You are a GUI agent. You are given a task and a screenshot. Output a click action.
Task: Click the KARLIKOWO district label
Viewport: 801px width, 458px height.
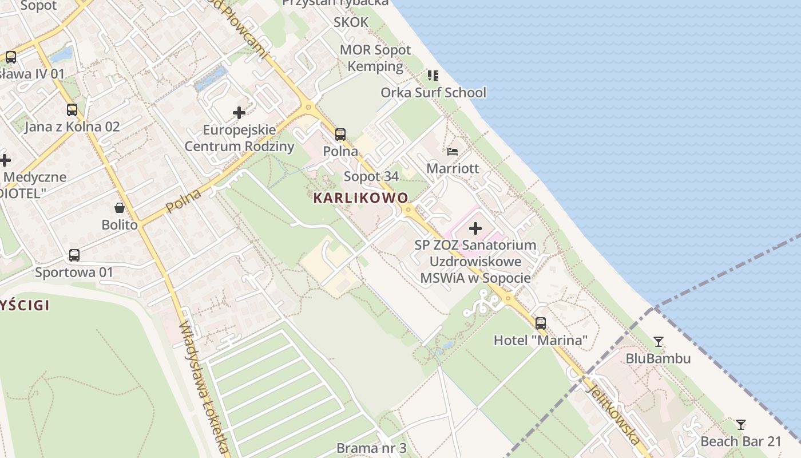pyautogui.click(x=361, y=198)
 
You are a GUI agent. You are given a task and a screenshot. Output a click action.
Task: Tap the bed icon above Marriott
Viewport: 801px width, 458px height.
pyautogui.click(x=453, y=152)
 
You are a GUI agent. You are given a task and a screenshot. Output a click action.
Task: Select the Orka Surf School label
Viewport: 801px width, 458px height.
pyautogui.click(x=433, y=93)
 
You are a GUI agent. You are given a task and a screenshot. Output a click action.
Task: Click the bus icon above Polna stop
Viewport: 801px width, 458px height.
pyautogui.click(x=340, y=135)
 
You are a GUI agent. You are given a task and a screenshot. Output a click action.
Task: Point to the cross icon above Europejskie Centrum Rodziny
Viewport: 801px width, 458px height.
pyautogui.click(x=239, y=113)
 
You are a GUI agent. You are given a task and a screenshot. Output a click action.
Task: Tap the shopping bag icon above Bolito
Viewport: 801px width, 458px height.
pyautogui.click(x=120, y=207)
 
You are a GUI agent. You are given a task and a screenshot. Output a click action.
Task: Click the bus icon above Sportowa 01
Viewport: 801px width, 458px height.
pyautogui.click(x=74, y=255)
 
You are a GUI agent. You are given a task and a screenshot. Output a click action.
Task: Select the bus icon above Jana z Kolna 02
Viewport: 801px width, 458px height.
pyautogui.click(x=72, y=110)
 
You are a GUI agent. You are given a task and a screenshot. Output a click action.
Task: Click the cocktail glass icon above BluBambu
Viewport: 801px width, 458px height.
pyautogui.click(x=659, y=342)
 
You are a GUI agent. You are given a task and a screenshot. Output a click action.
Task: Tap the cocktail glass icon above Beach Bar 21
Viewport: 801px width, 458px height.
pyautogui.click(x=741, y=425)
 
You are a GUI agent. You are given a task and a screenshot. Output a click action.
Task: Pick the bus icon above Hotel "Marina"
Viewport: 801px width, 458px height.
pyautogui.click(x=541, y=323)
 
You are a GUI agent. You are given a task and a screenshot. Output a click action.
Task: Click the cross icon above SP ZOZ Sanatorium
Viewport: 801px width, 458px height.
pyautogui.click(x=475, y=229)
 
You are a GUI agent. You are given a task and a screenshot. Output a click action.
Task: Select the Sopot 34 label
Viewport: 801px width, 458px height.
pyautogui.click(x=371, y=176)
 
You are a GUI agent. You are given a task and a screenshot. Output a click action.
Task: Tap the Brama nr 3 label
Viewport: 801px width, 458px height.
pyautogui.click(x=371, y=448)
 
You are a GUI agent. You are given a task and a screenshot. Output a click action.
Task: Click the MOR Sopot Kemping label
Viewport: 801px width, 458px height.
pyautogui.click(x=375, y=58)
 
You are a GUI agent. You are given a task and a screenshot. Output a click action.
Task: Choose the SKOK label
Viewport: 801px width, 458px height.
pyautogui.click(x=351, y=22)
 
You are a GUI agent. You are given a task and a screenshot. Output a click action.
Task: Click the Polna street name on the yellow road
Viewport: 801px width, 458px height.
pyautogui.click(x=184, y=202)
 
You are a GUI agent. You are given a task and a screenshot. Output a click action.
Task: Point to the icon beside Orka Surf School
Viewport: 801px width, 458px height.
pyautogui.click(x=433, y=75)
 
